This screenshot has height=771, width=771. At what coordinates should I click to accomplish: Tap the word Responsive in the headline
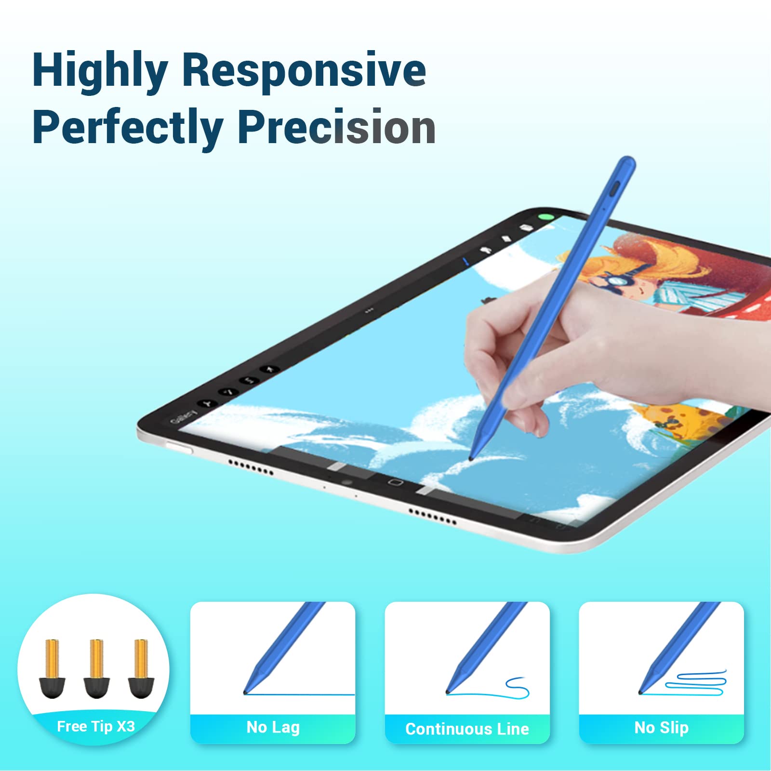304,70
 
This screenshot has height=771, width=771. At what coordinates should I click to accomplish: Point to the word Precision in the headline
337,127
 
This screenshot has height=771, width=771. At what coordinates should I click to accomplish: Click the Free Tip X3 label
96,726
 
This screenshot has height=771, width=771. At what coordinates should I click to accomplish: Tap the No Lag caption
273,727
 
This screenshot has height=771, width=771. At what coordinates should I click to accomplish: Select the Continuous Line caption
467,729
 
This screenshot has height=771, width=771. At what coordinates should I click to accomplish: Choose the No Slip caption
661,727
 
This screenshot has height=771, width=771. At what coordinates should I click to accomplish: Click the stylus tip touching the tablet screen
472,458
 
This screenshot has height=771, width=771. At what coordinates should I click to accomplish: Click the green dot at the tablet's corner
546,217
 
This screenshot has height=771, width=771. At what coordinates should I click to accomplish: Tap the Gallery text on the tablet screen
183,417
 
